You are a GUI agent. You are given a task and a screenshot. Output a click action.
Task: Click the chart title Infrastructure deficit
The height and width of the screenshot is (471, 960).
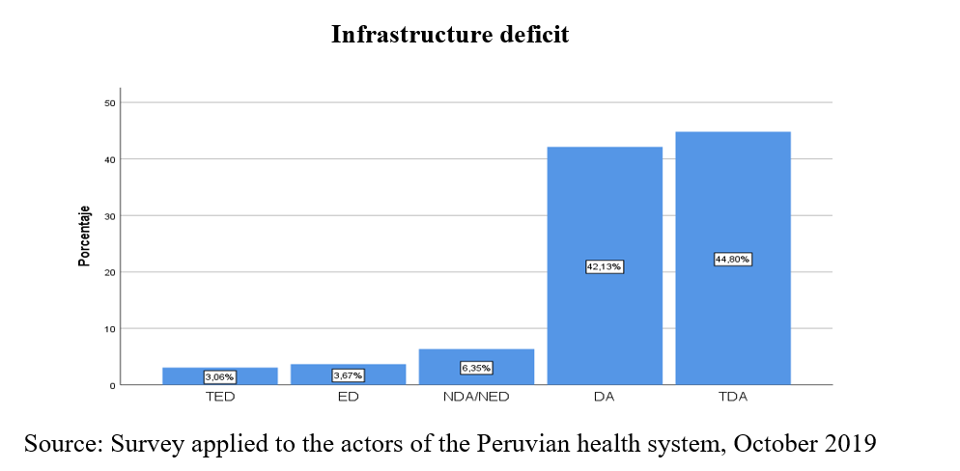tap(450, 36)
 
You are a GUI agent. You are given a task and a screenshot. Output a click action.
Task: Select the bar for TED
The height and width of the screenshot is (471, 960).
tap(220, 371)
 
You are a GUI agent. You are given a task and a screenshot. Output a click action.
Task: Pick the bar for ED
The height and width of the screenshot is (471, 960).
tap(349, 369)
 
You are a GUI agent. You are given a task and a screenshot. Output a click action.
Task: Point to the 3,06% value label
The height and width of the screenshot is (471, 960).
tap(220, 377)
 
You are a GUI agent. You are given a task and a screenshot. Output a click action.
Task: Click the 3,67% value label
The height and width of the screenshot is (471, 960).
tap(349, 375)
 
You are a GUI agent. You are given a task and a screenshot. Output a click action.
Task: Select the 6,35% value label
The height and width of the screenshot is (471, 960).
tap(476, 368)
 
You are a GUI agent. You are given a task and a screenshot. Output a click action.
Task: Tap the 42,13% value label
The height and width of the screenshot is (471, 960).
tap(605, 266)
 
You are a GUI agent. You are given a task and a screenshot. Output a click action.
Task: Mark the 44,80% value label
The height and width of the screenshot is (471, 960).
tap(732, 259)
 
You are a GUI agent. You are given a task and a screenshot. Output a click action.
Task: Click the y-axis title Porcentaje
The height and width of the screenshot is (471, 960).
tap(85, 236)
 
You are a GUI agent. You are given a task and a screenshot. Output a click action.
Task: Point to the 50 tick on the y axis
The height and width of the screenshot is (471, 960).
tap(110, 102)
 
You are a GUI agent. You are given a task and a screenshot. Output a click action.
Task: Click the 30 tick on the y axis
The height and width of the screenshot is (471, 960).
tap(110, 215)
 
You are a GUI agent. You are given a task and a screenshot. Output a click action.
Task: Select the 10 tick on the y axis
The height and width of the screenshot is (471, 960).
tap(110, 329)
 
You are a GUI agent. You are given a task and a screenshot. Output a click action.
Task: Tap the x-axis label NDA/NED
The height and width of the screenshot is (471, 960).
tap(476, 398)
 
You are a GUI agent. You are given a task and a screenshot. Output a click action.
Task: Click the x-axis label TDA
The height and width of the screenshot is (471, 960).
tap(732, 398)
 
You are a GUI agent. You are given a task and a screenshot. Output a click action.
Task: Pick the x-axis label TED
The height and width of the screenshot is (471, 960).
tap(220, 398)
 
